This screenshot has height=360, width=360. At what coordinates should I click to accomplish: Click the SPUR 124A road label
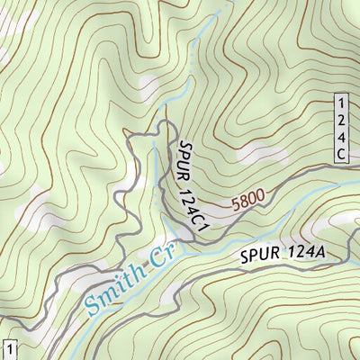click(x=282, y=256)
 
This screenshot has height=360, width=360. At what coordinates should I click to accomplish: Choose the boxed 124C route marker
click(x=341, y=128)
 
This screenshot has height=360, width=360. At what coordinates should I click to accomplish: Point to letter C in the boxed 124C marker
click(x=341, y=155)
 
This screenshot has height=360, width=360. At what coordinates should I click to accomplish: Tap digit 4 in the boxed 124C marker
click(x=341, y=137)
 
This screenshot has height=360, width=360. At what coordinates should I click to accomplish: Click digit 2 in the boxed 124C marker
click(x=341, y=120)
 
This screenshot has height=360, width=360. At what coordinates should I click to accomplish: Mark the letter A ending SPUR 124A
click(x=319, y=253)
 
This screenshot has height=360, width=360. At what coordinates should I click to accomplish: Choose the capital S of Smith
click(x=92, y=306)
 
